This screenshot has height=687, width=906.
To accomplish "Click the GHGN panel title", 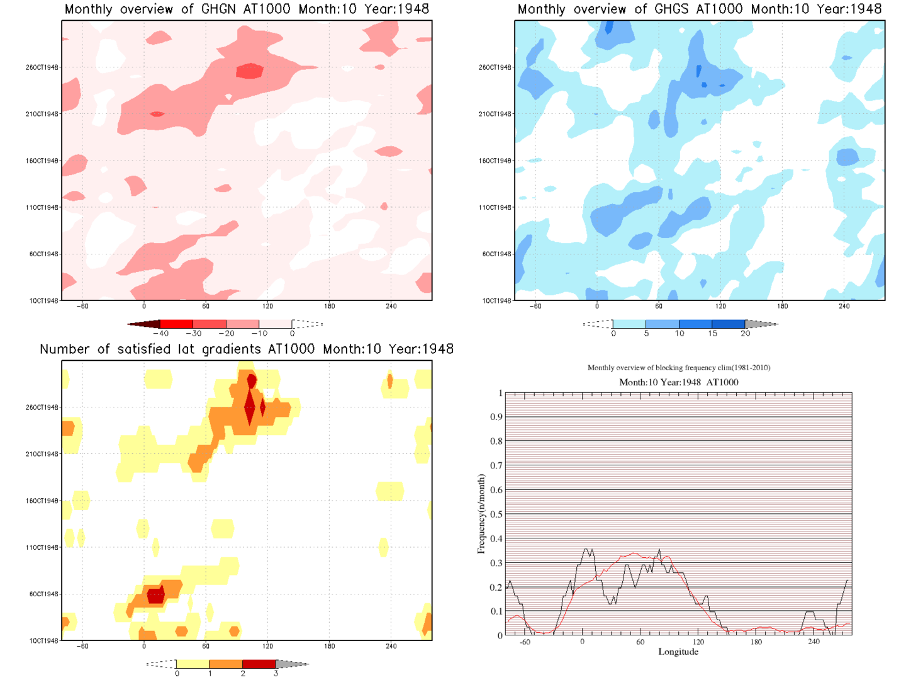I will pos(247,9).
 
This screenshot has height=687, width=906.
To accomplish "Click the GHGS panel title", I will pos(699,9).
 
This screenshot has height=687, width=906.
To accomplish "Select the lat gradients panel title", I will pos(247,349).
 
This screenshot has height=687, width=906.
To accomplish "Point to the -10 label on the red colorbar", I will pos(259,334).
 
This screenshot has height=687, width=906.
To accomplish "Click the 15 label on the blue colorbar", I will pos(712,334).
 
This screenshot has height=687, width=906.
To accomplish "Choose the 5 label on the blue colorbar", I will pos(646,334).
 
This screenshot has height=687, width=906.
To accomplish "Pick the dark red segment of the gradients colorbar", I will pos(259,664).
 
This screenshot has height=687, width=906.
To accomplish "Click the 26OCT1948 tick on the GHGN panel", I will pos(42,67).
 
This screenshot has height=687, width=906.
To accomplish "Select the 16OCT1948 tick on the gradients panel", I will pos(42,501).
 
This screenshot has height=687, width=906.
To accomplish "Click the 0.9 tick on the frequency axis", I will pos(496,417).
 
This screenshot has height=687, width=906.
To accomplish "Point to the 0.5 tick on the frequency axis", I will pos(496,514).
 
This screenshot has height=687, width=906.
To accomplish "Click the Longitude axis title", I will pos(678,652).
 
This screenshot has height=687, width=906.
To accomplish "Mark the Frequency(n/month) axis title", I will pos(481,514).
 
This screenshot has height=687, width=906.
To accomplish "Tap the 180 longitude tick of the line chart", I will pos(756,642).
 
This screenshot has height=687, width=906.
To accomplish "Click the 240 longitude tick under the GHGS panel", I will pos(844,307).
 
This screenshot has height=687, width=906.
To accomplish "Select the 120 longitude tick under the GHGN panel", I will pos(267,307).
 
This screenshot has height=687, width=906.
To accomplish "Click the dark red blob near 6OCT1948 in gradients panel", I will pos(155,594).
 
